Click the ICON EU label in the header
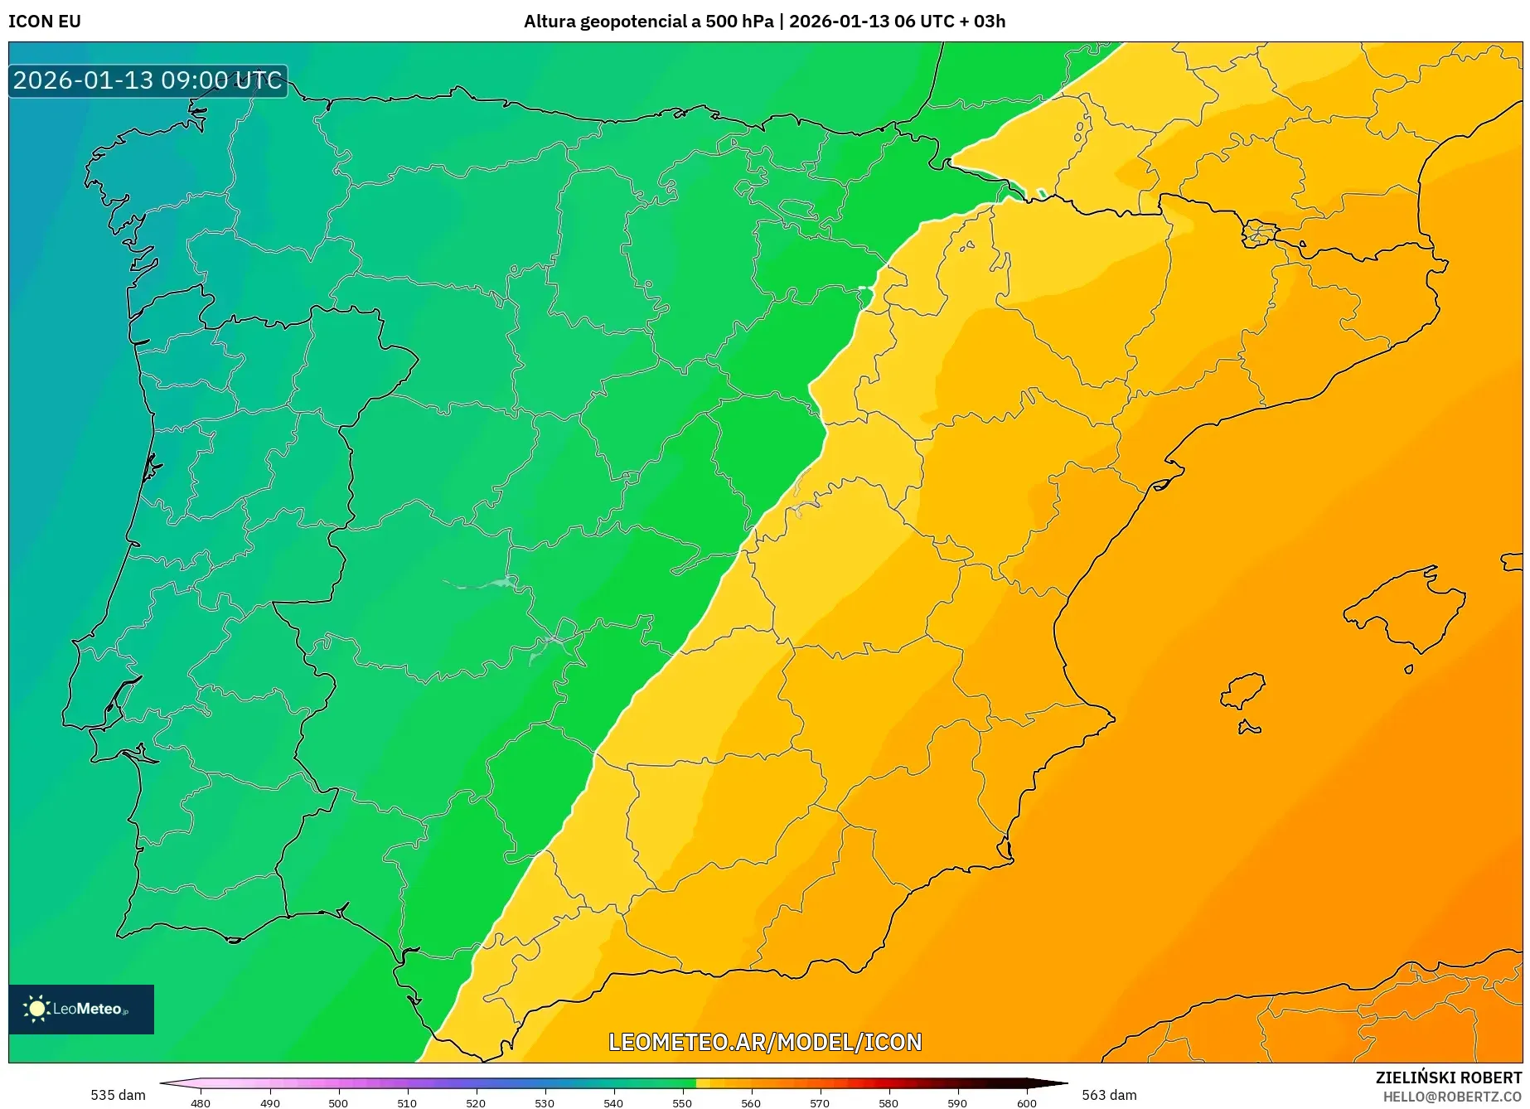[45, 22]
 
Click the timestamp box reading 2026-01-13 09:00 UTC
[148, 80]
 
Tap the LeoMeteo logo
[81, 1009]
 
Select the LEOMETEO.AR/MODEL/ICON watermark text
[764, 1042]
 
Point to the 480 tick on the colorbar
[201, 1102]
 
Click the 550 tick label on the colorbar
[681, 1102]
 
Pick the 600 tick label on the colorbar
[1026, 1102]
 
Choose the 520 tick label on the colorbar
[475, 1102]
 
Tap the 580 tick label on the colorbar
[888, 1102]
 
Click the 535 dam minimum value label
[118, 1095]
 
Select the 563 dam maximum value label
[1109, 1095]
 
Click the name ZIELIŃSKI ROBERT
[1449, 1078]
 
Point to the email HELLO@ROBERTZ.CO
[1452, 1097]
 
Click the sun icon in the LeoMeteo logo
[37, 1009]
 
